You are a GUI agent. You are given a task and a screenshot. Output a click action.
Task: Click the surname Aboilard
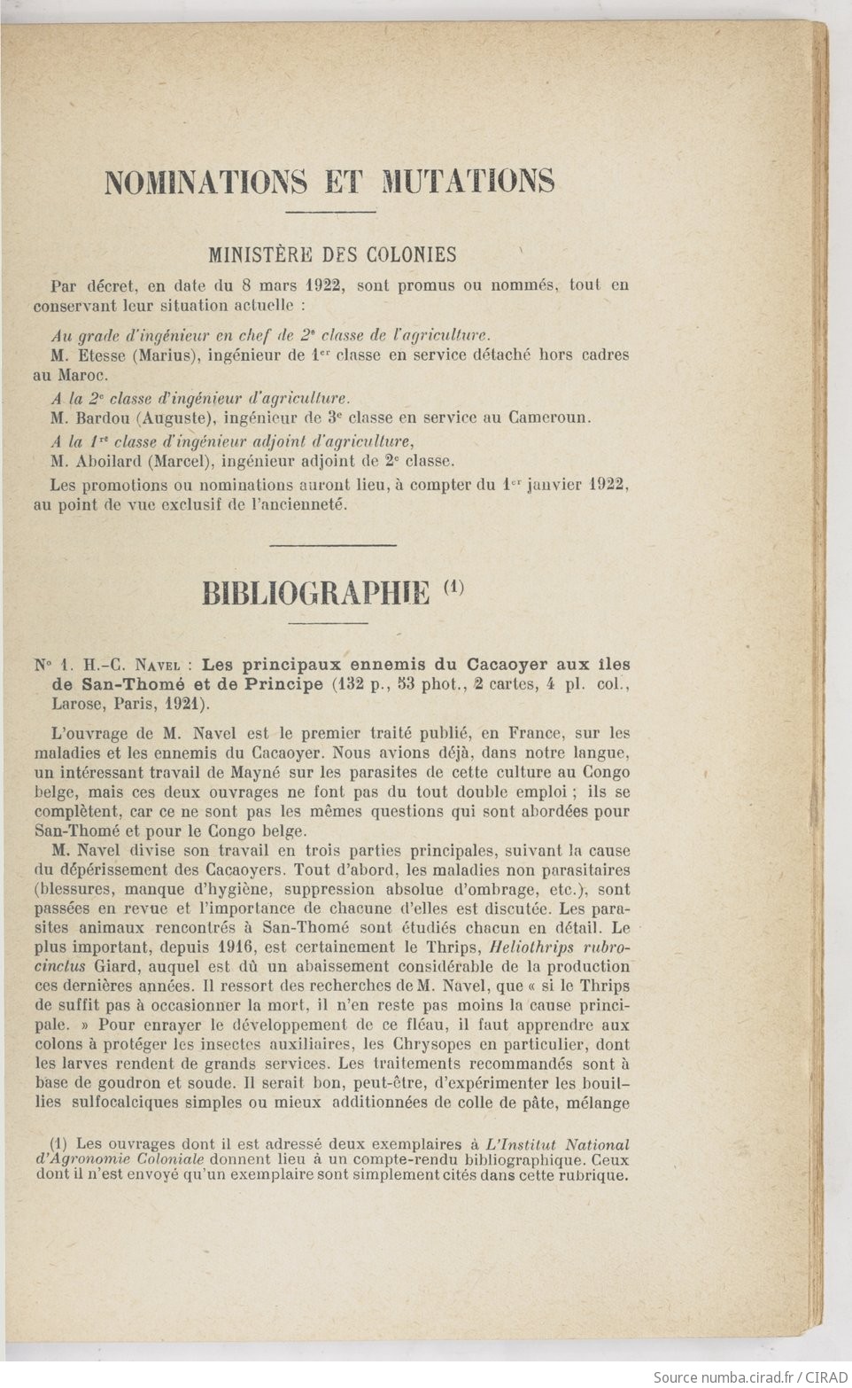pyautogui.click(x=112, y=461)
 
